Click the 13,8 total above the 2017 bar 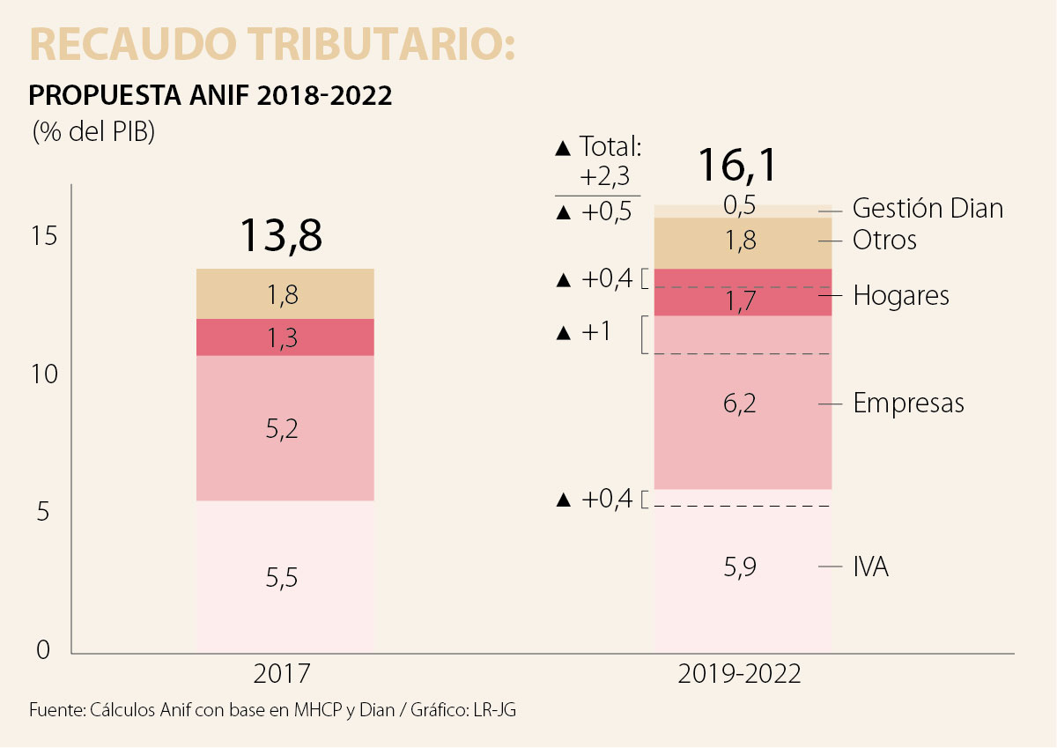(281, 235)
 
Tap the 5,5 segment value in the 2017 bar (282, 578)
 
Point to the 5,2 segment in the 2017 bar (282, 429)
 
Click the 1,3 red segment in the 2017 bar (282, 337)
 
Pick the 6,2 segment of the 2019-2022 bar (740, 404)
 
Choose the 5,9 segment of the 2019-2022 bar (740, 567)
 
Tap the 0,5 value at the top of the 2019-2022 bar (740, 205)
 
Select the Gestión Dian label (928, 209)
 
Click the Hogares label (901, 295)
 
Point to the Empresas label (908, 404)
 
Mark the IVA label (870, 567)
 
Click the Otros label (884, 240)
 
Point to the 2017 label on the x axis (282, 675)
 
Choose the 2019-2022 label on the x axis (740, 675)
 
